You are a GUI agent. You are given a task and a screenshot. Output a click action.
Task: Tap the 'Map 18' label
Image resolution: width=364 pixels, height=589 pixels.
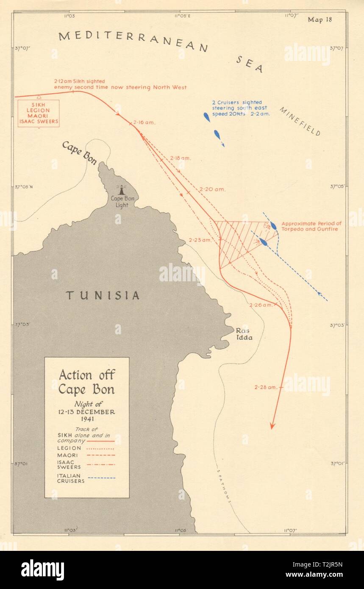(x=320, y=19)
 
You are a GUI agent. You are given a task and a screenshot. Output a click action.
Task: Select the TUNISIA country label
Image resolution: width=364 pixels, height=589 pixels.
(x=102, y=295)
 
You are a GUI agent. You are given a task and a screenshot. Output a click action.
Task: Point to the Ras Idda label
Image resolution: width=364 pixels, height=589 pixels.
(x=244, y=334)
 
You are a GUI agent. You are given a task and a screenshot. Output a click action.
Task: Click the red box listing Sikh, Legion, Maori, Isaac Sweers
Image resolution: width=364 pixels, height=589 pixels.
(x=39, y=113)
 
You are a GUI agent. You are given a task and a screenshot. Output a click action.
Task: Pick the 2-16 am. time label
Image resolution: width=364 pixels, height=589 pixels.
(x=144, y=122)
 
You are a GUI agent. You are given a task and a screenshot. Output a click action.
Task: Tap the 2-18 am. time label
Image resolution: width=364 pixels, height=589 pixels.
(x=181, y=158)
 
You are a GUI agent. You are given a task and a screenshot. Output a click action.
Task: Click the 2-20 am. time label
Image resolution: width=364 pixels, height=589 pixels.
(x=214, y=189)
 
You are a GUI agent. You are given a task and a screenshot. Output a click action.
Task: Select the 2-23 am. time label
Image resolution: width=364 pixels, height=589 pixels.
(x=200, y=240)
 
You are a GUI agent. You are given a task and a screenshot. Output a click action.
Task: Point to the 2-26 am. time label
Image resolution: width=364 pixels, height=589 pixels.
(x=262, y=305)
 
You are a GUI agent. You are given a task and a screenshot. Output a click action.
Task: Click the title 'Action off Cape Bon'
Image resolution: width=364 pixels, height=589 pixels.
(x=86, y=381)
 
